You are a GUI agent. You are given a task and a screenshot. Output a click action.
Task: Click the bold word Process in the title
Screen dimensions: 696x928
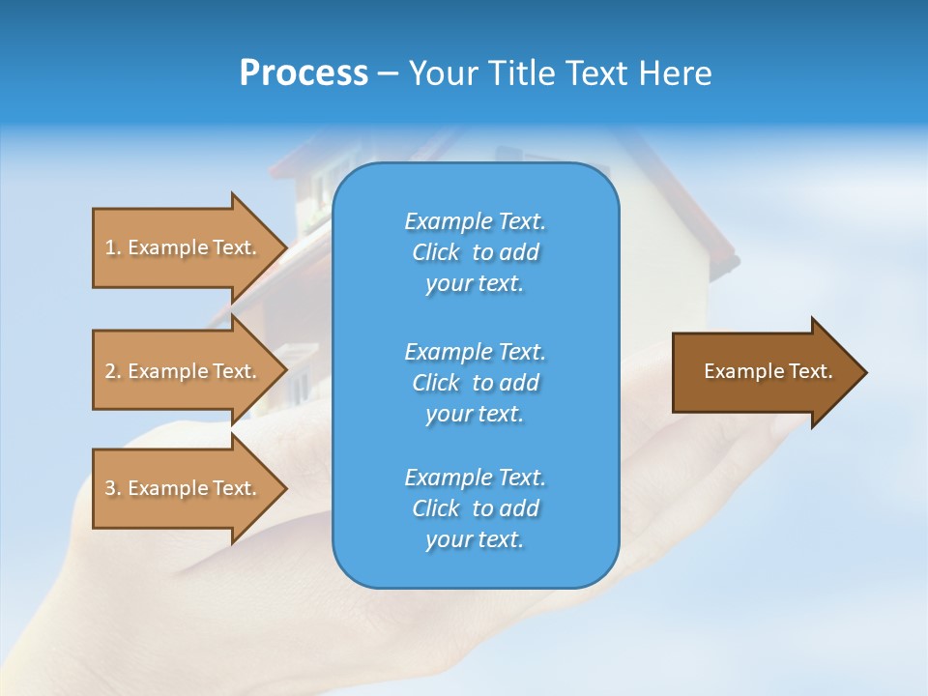(304, 73)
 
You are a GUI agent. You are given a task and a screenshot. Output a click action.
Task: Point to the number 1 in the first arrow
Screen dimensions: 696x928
(110, 247)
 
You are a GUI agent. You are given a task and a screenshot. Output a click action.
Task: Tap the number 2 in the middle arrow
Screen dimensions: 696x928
(110, 371)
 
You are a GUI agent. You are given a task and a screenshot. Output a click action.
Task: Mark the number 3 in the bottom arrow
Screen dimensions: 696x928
(110, 488)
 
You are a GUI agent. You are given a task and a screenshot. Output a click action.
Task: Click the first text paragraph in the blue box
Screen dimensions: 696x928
(475, 252)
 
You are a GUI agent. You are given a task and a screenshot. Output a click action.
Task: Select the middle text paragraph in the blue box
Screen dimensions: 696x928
(475, 382)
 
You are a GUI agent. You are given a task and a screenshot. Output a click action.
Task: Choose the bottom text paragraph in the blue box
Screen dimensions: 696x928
(475, 508)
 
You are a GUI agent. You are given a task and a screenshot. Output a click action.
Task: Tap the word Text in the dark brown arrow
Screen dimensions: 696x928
(810, 371)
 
